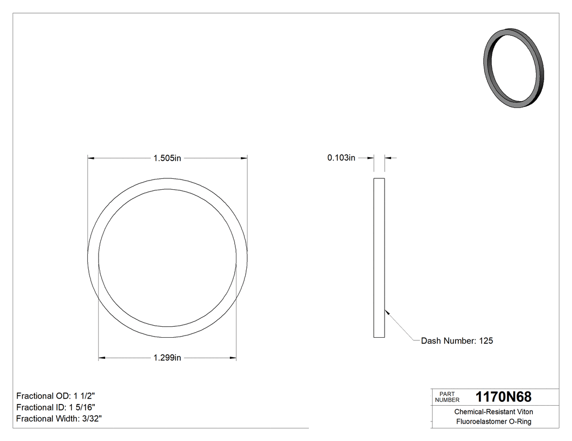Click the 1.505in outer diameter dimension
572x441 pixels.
[x=167, y=158]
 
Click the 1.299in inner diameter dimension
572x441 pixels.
[x=167, y=358]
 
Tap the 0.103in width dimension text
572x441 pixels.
[x=341, y=158]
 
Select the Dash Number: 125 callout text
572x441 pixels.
[x=457, y=341]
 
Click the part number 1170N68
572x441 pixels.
[x=503, y=397]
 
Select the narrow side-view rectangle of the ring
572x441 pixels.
[x=379, y=258]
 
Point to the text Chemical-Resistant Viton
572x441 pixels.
[x=494, y=412]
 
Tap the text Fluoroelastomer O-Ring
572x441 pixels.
[x=494, y=422]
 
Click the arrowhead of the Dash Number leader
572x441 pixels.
[x=386, y=312]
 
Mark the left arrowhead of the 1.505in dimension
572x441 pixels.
[x=91, y=158]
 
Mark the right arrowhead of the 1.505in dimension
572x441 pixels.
[x=245, y=158]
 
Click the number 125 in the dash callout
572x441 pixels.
[x=485, y=341]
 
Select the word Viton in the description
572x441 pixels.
[x=524, y=412]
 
